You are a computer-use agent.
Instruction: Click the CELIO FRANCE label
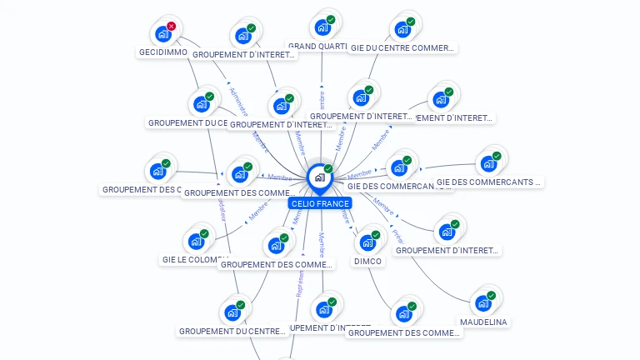point(320,203)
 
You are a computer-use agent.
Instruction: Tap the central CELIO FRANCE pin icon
point(319,177)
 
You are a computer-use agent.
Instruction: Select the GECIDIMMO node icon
point(162,34)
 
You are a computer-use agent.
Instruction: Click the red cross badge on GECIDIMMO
point(172,27)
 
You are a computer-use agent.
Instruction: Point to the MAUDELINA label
point(483,322)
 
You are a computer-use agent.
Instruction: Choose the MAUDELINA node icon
point(482,302)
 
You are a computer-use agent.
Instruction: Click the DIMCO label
point(367,261)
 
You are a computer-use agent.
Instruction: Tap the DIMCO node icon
point(367,242)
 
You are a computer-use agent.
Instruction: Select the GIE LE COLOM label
point(190,260)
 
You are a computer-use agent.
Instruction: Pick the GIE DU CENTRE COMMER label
point(402,48)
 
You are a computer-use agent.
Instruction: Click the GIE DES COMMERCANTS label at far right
point(488,182)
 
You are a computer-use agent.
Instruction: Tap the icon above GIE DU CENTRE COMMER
point(403,29)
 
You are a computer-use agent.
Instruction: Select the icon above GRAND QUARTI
point(322,27)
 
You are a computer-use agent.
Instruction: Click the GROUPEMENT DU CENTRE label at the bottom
point(232,331)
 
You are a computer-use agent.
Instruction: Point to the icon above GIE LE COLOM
point(196,241)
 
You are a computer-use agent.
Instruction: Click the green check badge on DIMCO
point(376,235)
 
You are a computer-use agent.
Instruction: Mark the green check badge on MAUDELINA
point(492,296)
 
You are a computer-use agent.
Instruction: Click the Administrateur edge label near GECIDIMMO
point(238,102)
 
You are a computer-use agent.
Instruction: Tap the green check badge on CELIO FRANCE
point(328,169)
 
